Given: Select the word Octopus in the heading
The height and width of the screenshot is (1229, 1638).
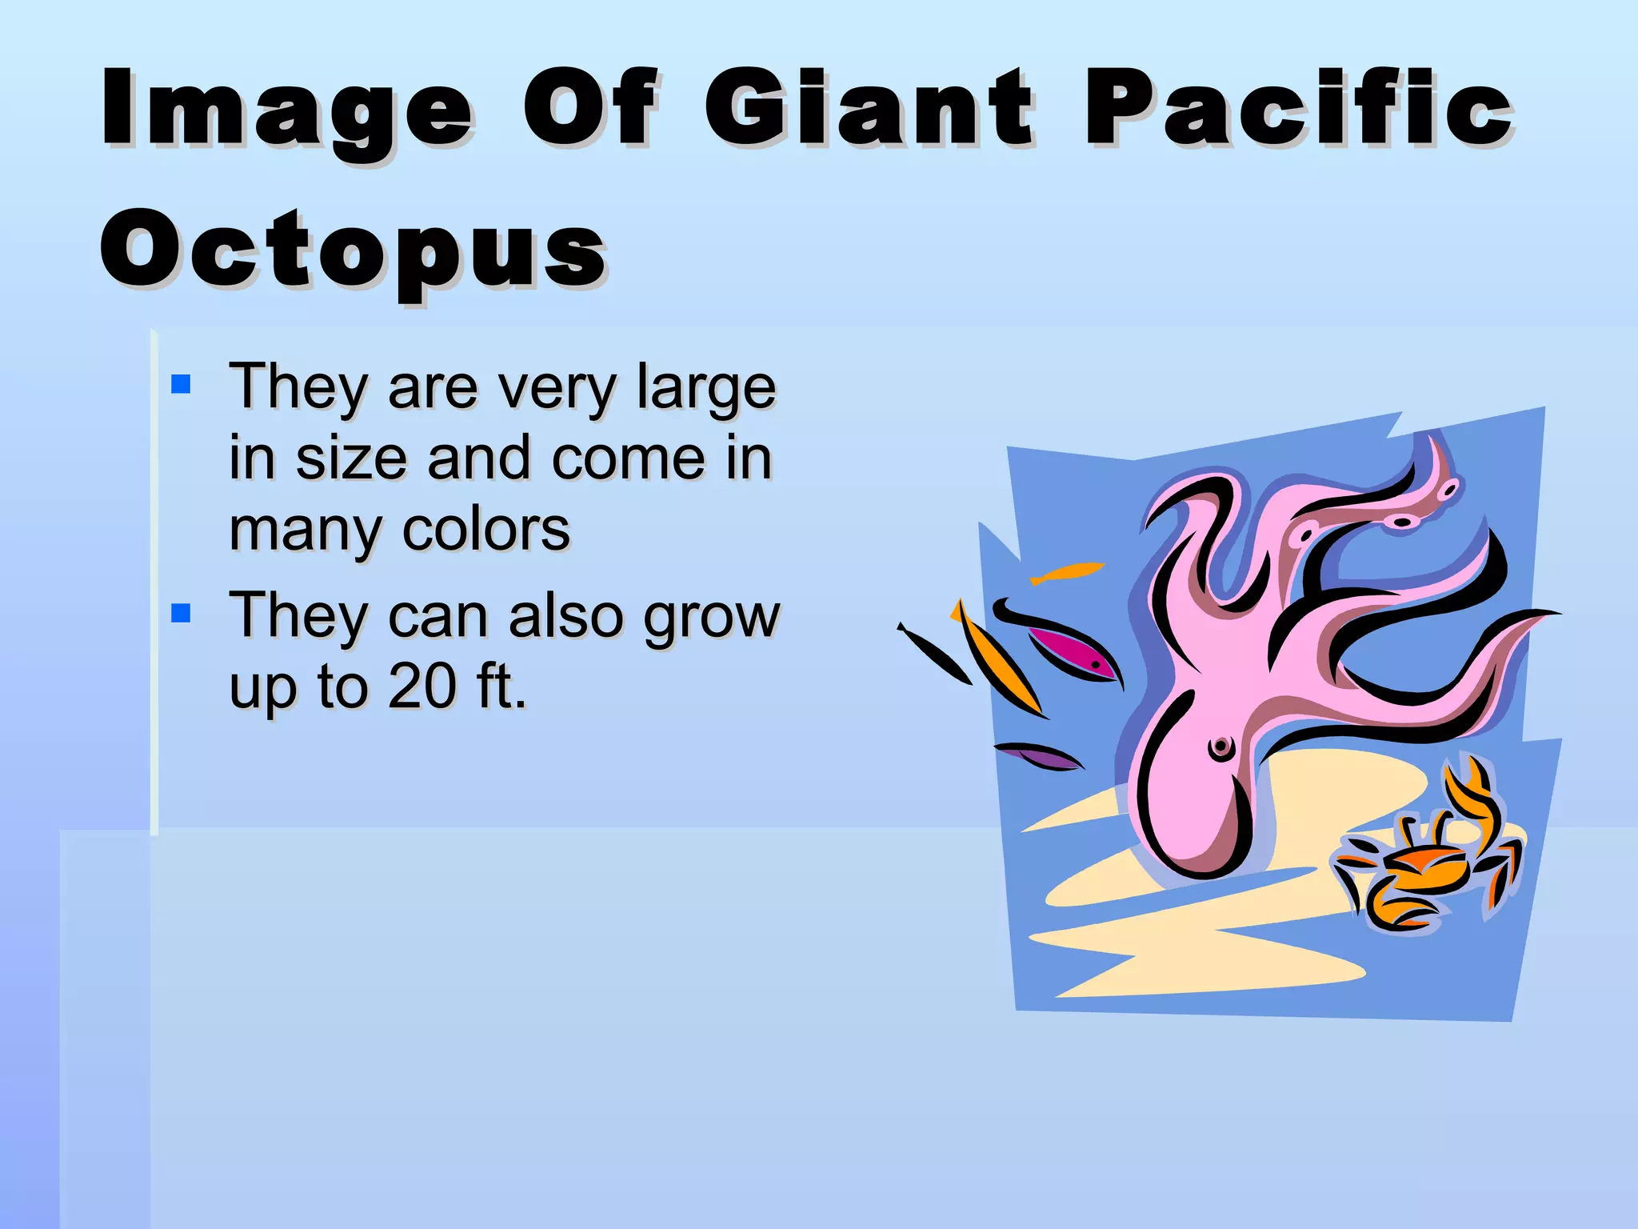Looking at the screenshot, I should [x=353, y=250].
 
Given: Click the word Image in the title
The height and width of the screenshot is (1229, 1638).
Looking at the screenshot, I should [x=287, y=110].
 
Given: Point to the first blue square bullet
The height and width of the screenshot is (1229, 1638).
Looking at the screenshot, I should [x=182, y=385].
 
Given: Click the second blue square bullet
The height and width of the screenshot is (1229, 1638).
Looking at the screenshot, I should [x=182, y=614].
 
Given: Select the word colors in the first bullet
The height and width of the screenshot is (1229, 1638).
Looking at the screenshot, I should [x=486, y=530].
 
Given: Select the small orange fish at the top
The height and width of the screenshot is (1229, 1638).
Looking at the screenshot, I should [x=1068, y=572].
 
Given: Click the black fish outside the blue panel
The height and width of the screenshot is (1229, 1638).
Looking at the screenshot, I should [x=933, y=653].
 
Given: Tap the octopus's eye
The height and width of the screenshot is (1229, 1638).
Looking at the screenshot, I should [x=1221, y=749].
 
